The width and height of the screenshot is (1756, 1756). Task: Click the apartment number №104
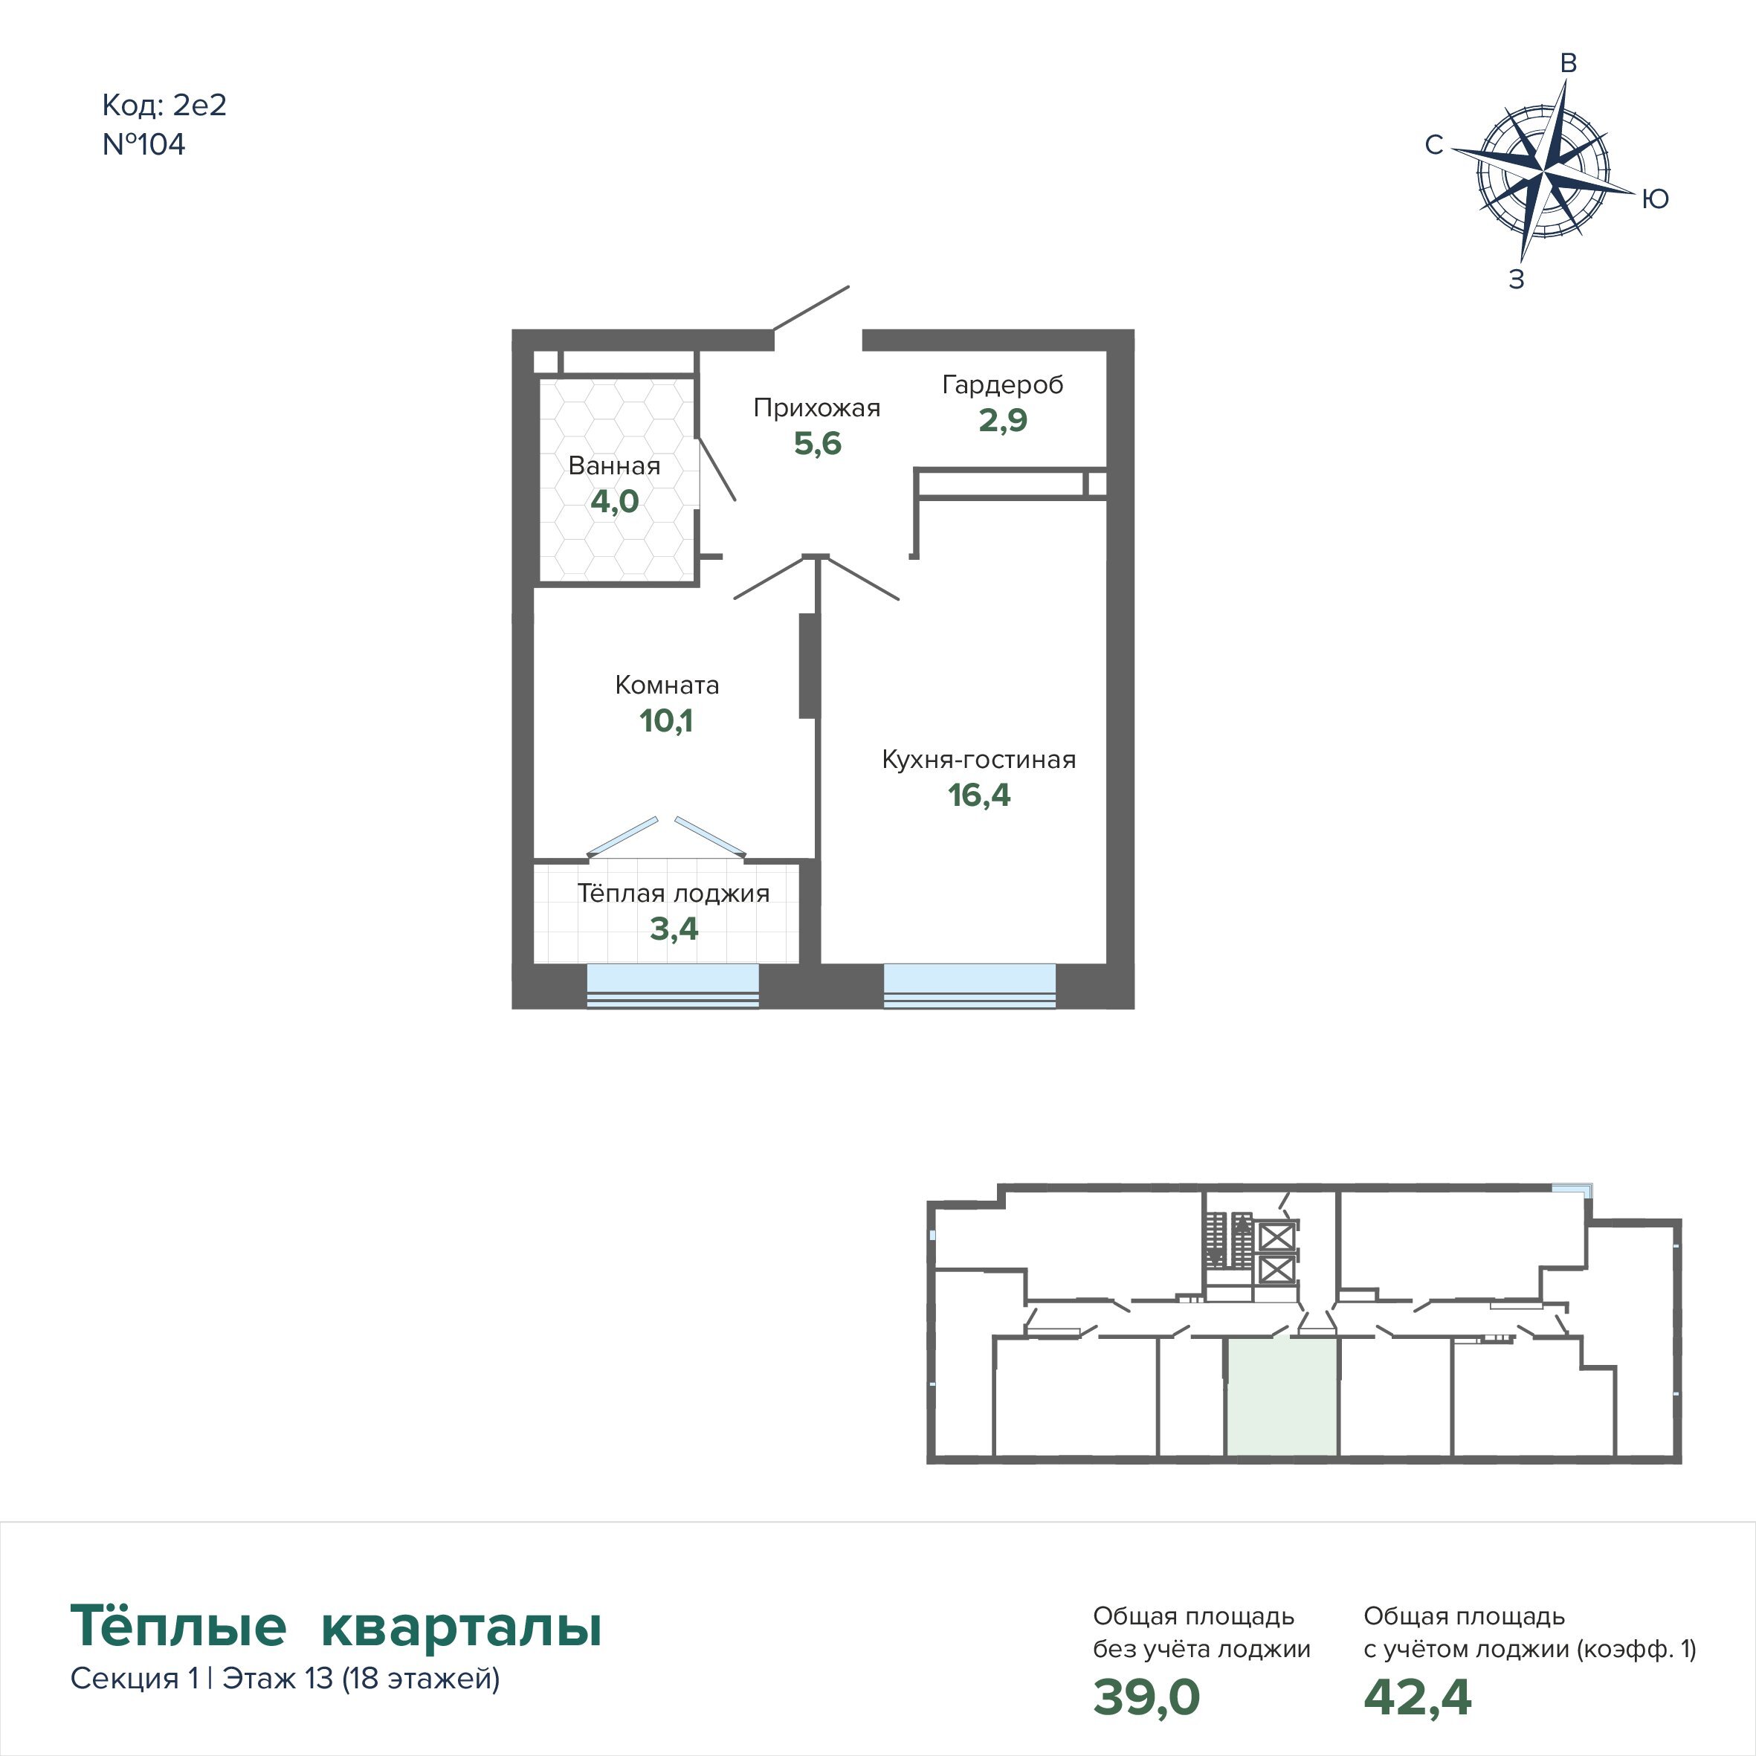143,144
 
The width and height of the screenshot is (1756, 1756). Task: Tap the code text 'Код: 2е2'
164,106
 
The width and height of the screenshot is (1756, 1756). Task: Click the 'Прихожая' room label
817,408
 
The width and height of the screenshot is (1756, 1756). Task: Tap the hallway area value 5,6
817,444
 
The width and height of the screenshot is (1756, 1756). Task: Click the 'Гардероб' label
1002,385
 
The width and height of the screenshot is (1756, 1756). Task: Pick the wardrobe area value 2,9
1002,420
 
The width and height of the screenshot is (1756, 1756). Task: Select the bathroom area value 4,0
614,502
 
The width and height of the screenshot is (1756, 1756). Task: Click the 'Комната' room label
667,685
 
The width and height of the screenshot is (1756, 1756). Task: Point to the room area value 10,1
666,720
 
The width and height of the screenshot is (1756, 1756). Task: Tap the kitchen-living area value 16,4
979,795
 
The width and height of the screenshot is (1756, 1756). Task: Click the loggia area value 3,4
674,929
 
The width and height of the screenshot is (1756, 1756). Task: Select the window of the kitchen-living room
969,985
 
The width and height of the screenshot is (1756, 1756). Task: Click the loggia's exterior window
673,985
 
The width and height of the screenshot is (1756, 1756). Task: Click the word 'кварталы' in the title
462,1626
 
